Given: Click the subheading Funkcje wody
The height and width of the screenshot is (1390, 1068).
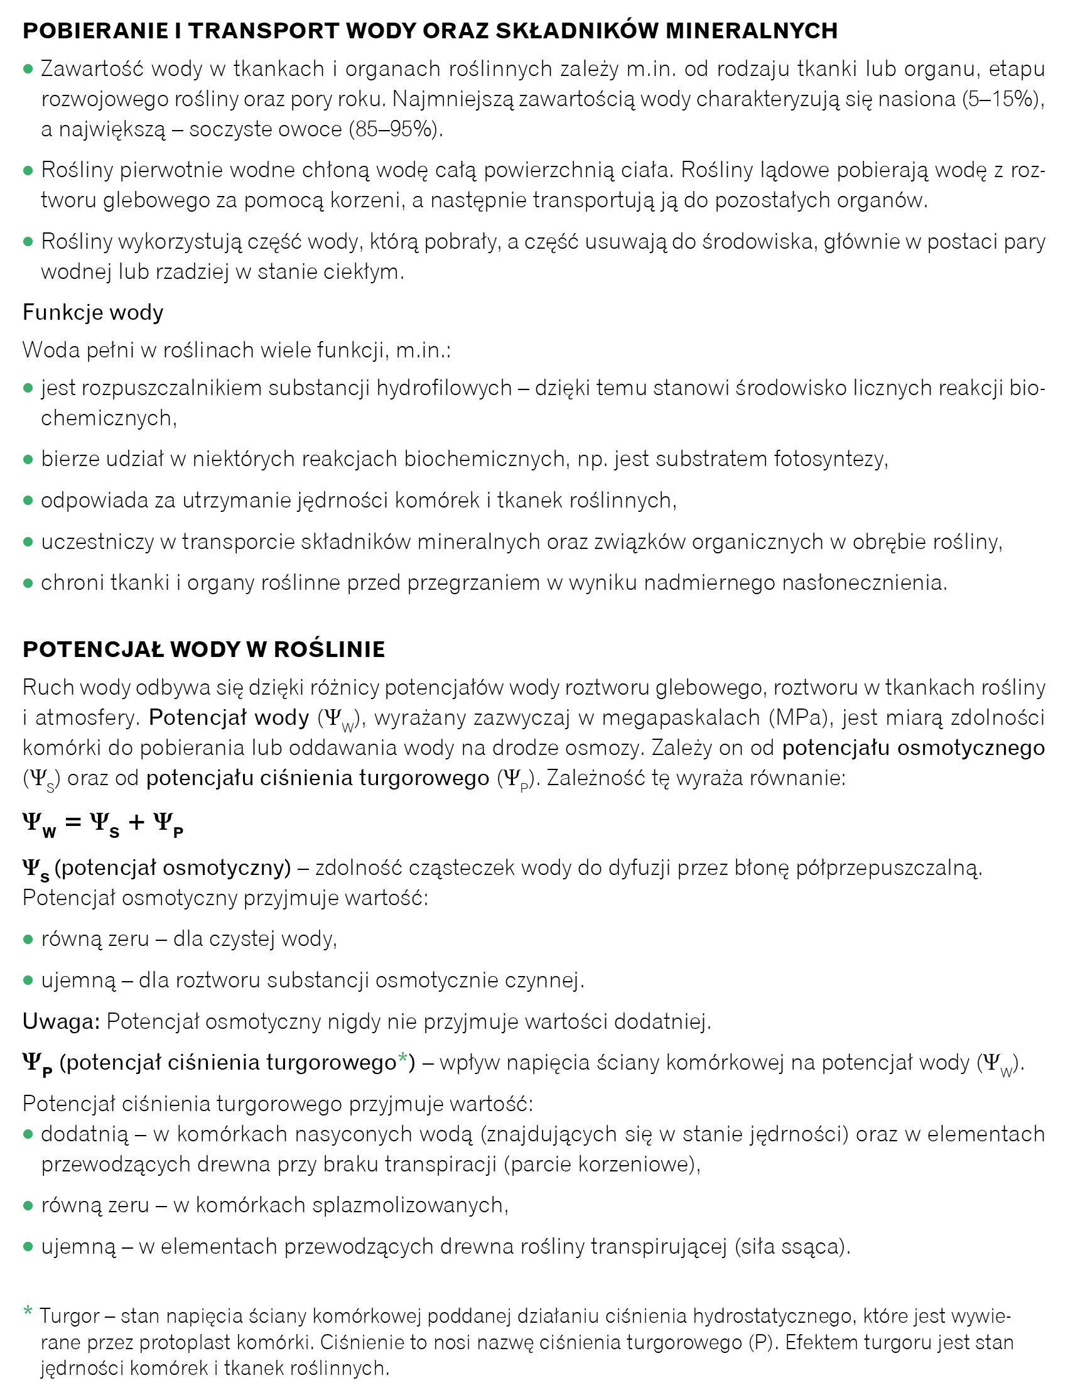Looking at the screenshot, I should tap(93, 312).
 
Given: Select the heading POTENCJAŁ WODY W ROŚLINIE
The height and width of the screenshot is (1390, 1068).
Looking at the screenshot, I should tap(203, 649).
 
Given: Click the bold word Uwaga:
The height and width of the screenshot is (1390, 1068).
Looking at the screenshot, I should tap(61, 1021).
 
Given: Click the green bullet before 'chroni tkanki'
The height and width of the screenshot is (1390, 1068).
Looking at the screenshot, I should tap(28, 583).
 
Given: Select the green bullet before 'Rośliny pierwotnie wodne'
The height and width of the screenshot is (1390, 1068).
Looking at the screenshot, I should tap(28, 170).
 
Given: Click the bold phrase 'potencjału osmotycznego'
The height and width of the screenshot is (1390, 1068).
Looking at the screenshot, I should tap(913, 748).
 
